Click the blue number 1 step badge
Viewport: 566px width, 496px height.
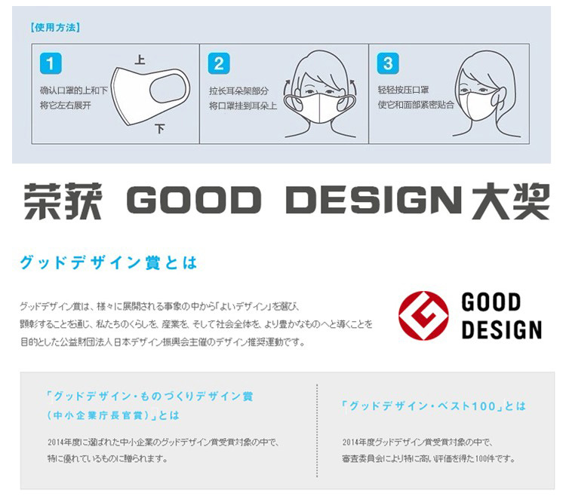coord(51,63)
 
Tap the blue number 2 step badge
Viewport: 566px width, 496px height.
coord(219,63)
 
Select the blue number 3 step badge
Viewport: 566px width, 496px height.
coord(388,63)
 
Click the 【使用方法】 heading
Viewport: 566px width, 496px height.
coord(55,27)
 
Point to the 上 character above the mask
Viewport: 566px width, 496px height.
coord(140,60)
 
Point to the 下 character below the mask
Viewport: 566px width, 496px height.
coord(159,129)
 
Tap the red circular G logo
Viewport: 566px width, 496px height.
coord(423,316)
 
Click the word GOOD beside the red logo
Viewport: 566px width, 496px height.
coord(491,302)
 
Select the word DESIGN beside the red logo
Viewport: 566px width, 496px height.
coord(502,329)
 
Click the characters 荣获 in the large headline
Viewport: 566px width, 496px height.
coord(63,201)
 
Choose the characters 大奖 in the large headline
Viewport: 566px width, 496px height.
coord(510,201)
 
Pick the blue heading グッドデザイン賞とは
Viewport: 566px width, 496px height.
coord(108,262)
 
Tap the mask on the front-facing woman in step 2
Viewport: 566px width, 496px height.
coord(320,107)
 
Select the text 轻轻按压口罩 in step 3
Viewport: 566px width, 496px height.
coord(403,90)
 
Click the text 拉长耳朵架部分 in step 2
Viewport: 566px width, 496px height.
coord(238,91)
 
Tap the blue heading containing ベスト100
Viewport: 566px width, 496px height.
coord(433,406)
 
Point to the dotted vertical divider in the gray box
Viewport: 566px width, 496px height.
coord(317,430)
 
